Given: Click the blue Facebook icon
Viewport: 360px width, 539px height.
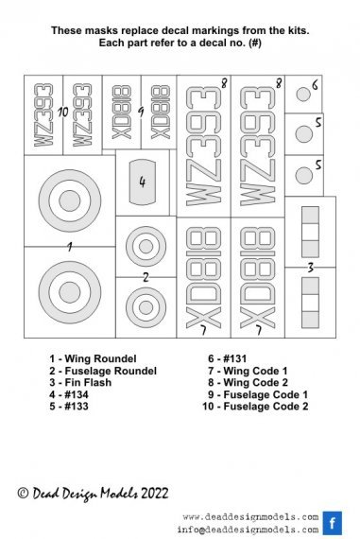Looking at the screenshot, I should pos(332,523).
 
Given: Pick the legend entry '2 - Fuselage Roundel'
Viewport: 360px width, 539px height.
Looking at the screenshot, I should pos(104,371).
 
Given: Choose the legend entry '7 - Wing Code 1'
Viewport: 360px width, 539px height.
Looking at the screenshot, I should pos(249,371).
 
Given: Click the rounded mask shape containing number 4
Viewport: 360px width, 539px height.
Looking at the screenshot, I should pos(143,183).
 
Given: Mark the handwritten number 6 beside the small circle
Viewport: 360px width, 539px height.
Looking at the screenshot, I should pos(314,85).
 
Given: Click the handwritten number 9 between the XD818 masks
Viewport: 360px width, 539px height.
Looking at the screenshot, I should pos(140,112).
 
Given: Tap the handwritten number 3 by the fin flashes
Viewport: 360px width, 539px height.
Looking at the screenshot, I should pos(310,269).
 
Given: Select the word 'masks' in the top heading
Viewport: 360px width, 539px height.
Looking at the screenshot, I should pos(104,32).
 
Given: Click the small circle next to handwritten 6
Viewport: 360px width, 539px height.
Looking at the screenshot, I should pos(302,95).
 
